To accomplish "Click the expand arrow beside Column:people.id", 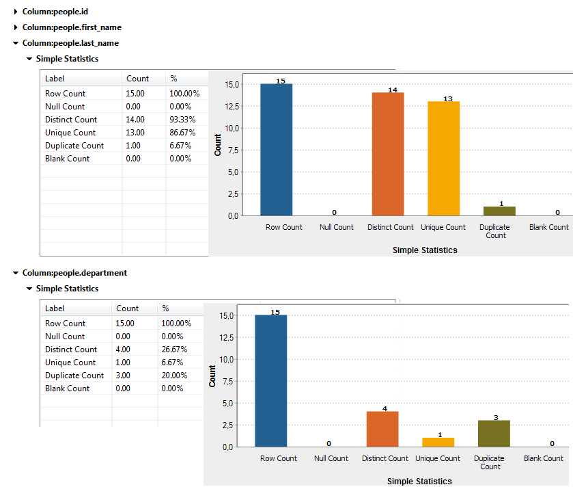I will (16, 12).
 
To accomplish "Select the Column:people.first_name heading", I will (72, 27).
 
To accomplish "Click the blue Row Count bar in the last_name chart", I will (277, 150).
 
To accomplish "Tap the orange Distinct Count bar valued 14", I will (387, 154).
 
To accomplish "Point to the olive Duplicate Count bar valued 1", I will (499, 211).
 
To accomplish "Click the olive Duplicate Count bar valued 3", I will (494, 433).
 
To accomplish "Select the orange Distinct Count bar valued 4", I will (382, 429).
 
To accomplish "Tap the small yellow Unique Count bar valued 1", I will (438, 442).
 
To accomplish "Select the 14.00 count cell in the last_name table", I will (135, 120).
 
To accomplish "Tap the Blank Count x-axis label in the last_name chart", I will (548, 227).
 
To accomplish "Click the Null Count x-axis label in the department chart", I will (331, 458).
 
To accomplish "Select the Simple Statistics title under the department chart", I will (419, 482).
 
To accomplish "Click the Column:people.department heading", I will (74, 273).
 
